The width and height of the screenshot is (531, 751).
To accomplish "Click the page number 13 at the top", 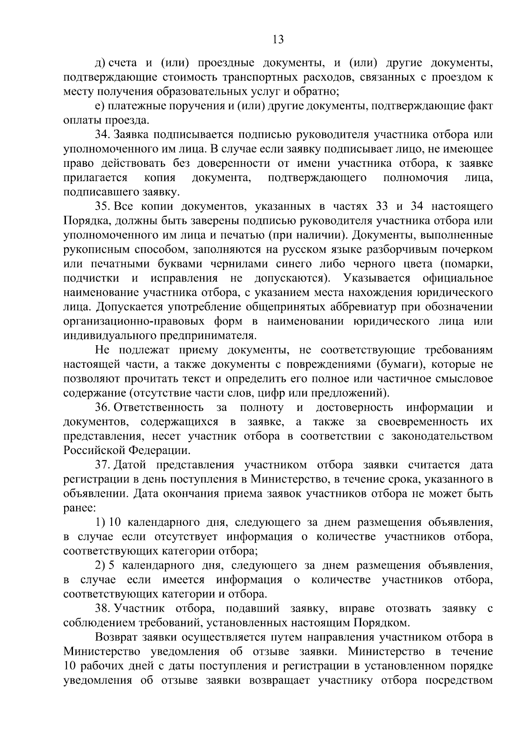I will pos(278,39).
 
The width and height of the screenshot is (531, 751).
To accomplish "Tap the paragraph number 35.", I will pos(102,206).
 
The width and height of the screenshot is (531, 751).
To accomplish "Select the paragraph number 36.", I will pos(102,407).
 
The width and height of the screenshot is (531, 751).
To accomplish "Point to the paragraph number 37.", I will pos(102,465).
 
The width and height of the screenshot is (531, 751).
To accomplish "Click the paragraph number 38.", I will pos(102,609).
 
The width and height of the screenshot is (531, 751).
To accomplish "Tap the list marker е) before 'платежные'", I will pos(99,106).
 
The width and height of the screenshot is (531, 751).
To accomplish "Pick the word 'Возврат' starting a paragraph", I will pos(116,637).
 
